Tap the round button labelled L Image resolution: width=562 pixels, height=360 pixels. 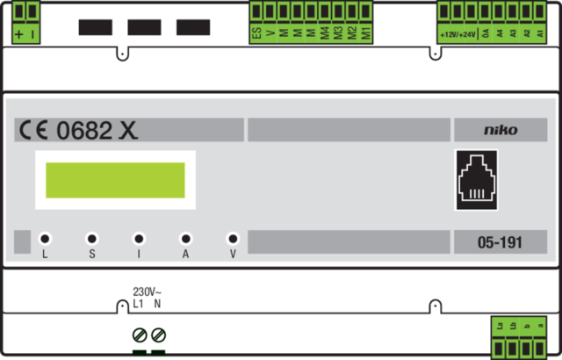click(44, 238)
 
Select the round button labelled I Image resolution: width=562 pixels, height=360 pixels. click(138, 238)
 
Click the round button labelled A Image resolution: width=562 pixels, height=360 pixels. click(185, 238)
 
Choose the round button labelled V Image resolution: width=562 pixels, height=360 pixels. click(233, 238)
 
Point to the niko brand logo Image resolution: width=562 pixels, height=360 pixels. click(501, 130)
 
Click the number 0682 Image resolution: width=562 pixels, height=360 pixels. click(84, 131)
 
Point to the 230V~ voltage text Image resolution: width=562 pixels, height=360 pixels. click(147, 292)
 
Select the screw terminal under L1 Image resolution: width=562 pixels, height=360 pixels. click(139, 335)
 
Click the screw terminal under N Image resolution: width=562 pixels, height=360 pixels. click(158, 335)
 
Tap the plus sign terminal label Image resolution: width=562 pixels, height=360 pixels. click(19, 34)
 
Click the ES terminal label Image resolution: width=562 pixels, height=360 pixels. click(256, 33)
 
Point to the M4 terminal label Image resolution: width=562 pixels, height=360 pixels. click(325, 33)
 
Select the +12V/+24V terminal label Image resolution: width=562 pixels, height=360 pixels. click(458, 34)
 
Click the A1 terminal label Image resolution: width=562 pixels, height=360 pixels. click(541, 33)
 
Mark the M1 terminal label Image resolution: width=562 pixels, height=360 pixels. click(366, 33)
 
